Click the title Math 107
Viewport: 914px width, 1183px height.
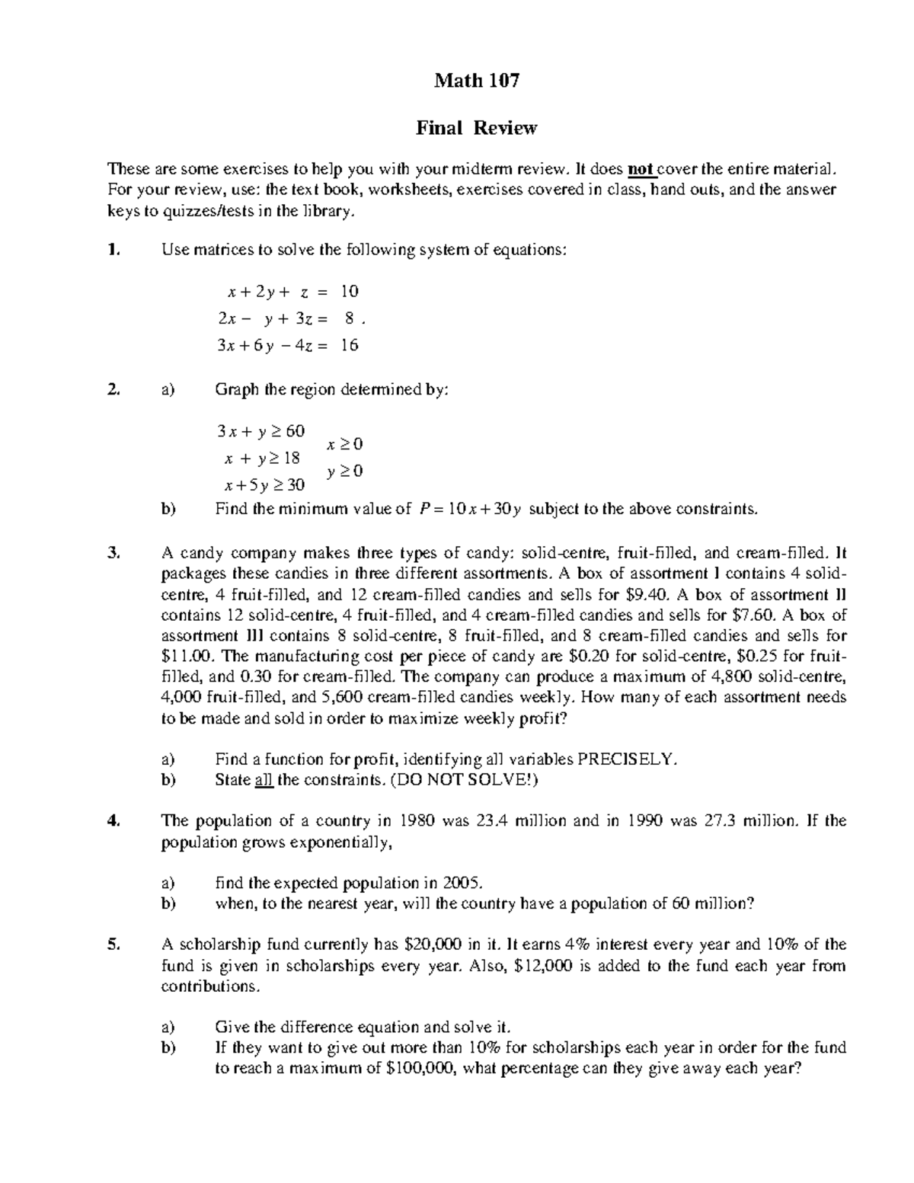[x=476, y=81]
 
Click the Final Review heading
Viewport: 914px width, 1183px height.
[x=476, y=128]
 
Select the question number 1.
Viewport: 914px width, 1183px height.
[x=113, y=250]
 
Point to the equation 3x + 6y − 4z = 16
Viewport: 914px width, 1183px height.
[x=287, y=345]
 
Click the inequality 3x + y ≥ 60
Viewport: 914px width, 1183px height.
[x=260, y=431]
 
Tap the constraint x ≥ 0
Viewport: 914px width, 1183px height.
[x=345, y=443]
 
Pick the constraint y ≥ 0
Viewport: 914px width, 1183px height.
[x=345, y=472]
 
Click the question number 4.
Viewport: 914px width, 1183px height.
[x=113, y=820]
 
